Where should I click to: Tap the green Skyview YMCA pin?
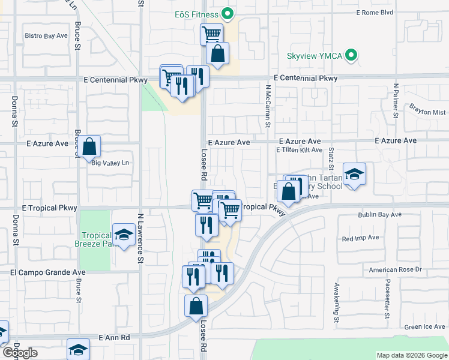point(354,56)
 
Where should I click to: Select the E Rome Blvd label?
point(374,12)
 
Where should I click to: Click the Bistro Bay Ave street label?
point(46,36)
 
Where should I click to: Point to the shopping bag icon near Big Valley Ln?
point(89,146)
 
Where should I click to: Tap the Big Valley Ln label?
point(110,162)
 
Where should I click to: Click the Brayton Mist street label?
point(427,112)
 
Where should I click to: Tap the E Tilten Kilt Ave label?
point(300,150)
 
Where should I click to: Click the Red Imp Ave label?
point(360,238)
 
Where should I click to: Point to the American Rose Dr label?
point(396,270)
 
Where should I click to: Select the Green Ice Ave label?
point(425,327)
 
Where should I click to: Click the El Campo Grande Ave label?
point(48,272)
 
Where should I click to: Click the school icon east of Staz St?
point(354,174)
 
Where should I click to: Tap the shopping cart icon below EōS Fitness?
point(211,34)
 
